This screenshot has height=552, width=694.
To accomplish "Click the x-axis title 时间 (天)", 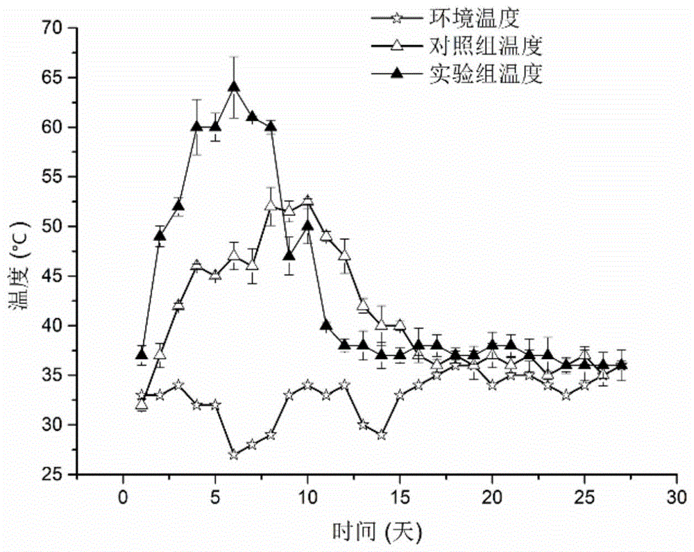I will click(378, 532).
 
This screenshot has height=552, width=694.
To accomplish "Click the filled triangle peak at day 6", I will click(234, 86).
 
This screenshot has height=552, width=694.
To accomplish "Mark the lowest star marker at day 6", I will click(234, 455).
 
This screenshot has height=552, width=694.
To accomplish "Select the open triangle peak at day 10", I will click(307, 201).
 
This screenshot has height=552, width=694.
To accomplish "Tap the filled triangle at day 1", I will click(142, 354).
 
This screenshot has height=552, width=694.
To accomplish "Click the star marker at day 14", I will click(382, 435).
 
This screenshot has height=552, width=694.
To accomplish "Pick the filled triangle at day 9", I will click(289, 255).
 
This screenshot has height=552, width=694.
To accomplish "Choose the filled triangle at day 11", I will click(326, 324).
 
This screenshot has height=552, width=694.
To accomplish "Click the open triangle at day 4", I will click(197, 265).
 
